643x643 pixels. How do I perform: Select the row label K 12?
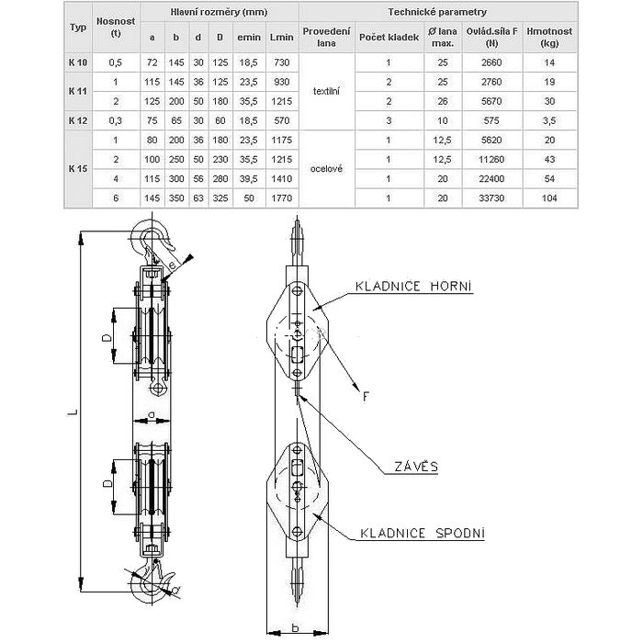(x=78, y=118)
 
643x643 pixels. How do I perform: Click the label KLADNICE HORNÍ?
(x=413, y=288)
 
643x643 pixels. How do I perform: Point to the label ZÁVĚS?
(x=416, y=467)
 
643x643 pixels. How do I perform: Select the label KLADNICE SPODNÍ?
(x=422, y=533)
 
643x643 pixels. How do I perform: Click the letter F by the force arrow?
(x=366, y=396)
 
